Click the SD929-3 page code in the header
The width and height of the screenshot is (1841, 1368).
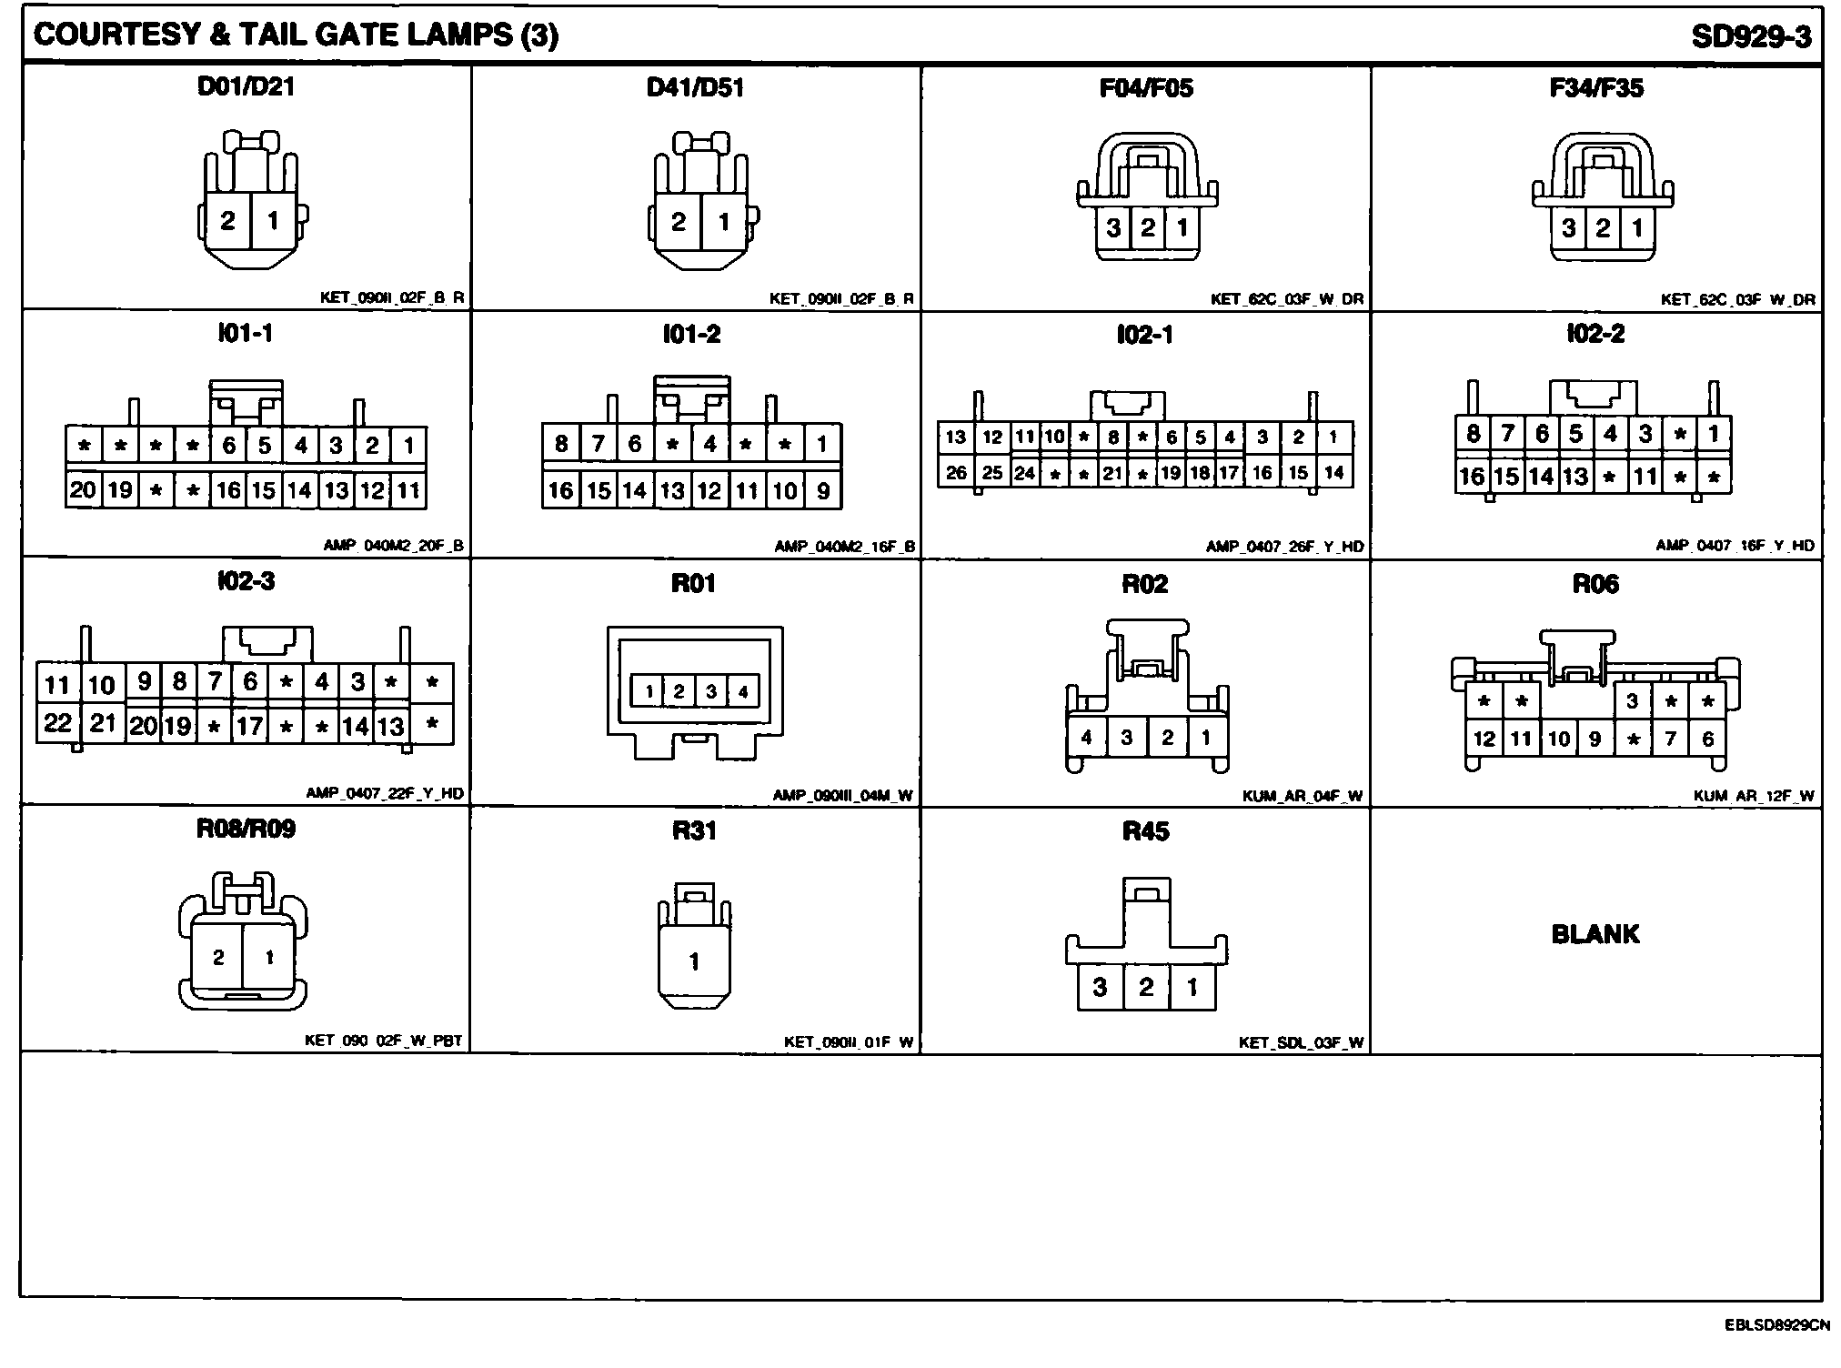(1750, 36)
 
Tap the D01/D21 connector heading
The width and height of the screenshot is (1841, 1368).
(246, 87)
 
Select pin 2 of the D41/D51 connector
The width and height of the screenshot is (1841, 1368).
(678, 222)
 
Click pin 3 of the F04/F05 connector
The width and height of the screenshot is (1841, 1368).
(1113, 227)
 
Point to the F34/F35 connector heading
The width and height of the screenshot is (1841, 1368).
(1596, 88)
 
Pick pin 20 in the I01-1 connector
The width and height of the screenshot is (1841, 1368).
(83, 490)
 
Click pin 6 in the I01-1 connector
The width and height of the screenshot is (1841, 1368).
(228, 445)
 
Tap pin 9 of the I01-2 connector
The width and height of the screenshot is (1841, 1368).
(822, 491)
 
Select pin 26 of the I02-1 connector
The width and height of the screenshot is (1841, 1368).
(956, 473)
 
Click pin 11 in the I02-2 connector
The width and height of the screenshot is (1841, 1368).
(1645, 476)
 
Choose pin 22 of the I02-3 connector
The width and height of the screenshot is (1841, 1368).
(57, 723)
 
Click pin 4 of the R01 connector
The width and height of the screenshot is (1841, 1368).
(743, 691)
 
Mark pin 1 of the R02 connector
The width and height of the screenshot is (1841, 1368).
(1206, 737)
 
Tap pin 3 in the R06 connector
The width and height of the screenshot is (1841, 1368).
(1633, 700)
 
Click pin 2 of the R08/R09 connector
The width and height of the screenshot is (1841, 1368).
(218, 957)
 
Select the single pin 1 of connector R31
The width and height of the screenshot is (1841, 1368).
(694, 961)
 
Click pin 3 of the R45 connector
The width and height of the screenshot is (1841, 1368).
(1100, 987)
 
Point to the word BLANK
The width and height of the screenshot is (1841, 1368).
(1595, 934)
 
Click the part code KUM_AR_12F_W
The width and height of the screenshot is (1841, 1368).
(1753, 796)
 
